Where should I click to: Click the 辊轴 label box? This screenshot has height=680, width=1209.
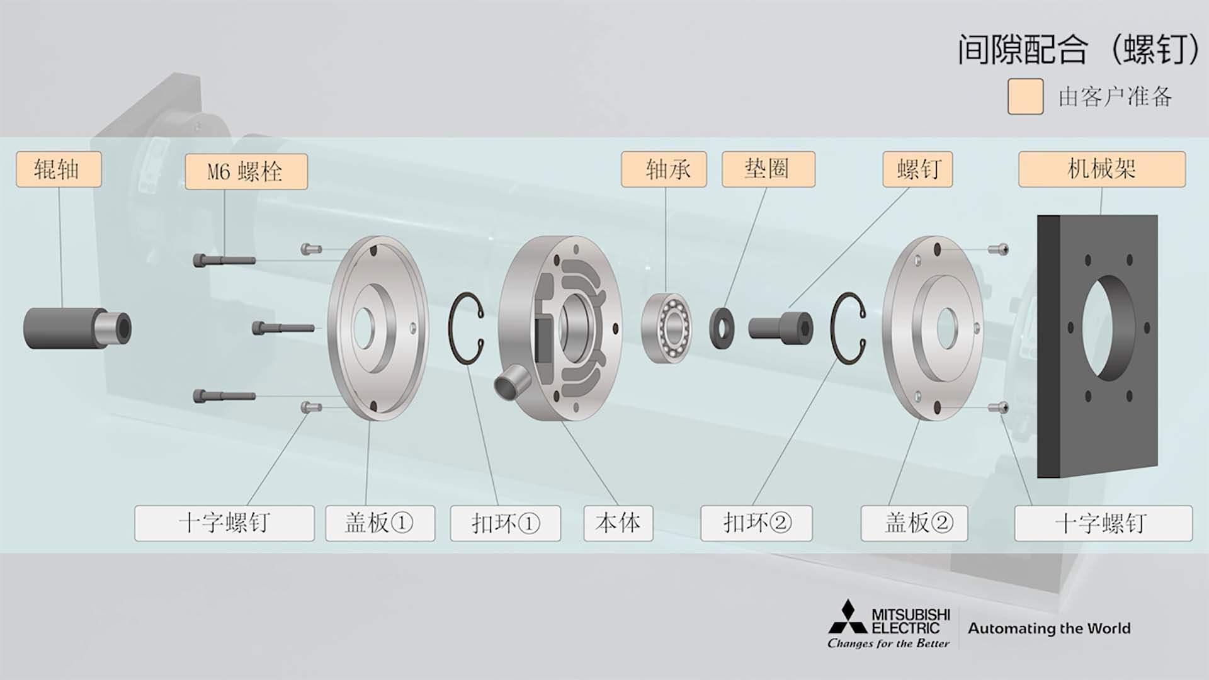click(59, 169)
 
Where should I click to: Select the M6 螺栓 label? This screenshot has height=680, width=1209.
click(246, 171)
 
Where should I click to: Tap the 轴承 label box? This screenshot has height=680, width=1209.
click(664, 169)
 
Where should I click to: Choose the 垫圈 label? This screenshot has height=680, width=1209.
click(768, 169)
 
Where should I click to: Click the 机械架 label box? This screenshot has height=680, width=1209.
click(1102, 169)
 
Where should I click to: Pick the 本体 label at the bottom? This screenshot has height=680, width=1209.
click(618, 523)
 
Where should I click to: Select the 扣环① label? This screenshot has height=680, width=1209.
click(505, 523)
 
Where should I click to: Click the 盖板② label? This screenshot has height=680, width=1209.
click(914, 523)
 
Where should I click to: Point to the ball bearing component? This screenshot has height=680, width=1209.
click(666, 328)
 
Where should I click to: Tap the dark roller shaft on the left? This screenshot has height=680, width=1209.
click(77, 328)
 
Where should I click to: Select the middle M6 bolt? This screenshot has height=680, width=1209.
click(283, 328)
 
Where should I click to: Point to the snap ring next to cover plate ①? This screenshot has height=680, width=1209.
click(451, 328)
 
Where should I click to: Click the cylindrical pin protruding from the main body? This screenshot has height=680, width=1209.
click(511, 382)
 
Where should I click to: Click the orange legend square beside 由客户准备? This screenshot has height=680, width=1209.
click(1025, 96)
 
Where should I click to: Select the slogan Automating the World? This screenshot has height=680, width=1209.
click(1049, 628)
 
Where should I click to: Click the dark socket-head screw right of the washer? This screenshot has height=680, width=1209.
click(781, 328)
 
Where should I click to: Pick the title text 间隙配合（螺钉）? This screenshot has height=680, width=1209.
click(1079, 49)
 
